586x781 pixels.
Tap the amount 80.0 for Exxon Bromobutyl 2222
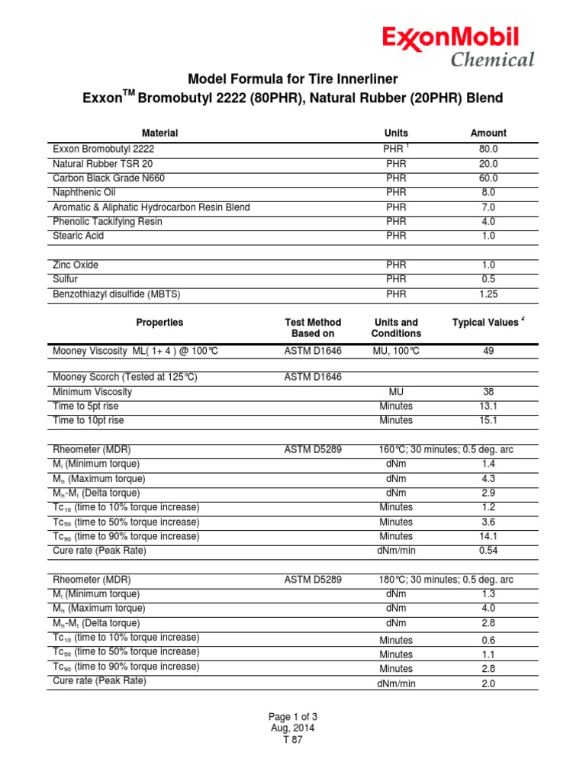[x=488, y=149]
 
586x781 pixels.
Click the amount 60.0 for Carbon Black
[x=488, y=178]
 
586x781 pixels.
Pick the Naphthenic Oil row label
[x=85, y=193]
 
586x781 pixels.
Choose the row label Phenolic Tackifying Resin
[x=107, y=222]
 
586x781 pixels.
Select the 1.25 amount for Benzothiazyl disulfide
[x=488, y=294]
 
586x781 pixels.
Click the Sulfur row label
[x=65, y=279]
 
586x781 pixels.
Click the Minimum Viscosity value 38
[x=488, y=392]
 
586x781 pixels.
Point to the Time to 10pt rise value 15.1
[x=488, y=420]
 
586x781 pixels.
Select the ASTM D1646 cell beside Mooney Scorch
[x=313, y=378]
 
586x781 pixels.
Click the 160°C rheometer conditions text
[x=446, y=450]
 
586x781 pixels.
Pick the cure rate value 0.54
[x=488, y=551]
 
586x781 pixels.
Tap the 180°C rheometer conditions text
[x=446, y=580]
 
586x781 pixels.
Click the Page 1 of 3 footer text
[x=293, y=717]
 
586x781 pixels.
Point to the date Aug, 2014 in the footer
[x=293, y=728]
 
